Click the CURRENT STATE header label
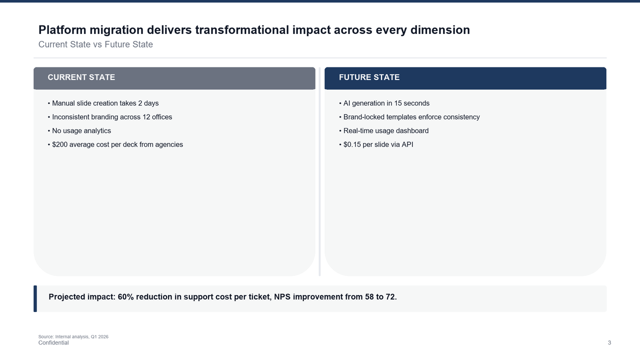pyautogui.click(x=81, y=77)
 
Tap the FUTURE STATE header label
pyautogui.click(x=369, y=77)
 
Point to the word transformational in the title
pyautogui.click(x=242, y=30)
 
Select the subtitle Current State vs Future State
pyautogui.click(x=95, y=44)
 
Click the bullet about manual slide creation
pyautogui.click(x=103, y=103)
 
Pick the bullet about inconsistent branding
pyautogui.click(x=110, y=117)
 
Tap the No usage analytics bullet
pyautogui.click(x=79, y=131)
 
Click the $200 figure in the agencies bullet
pyautogui.click(x=59, y=144)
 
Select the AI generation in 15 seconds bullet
pyautogui.click(x=384, y=103)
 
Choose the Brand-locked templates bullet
pyautogui.click(x=409, y=117)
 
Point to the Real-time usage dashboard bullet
pyautogui.click(x=383, y=131)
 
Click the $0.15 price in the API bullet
pyautogui.click(x=352, y=144)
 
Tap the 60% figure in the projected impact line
pyautogui.click(x=125, y=297)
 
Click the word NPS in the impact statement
pyautogui.click(x=282, y=297)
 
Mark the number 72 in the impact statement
pyautogui.click(x=390, y=297)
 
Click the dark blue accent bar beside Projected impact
pyautogui.click(x=35, y=298)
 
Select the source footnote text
pyautogui.click(x=73, y=336)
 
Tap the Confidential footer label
pyautogui.click(x=53, y=343)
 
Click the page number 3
pyautogui.click(x=609, y=342)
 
